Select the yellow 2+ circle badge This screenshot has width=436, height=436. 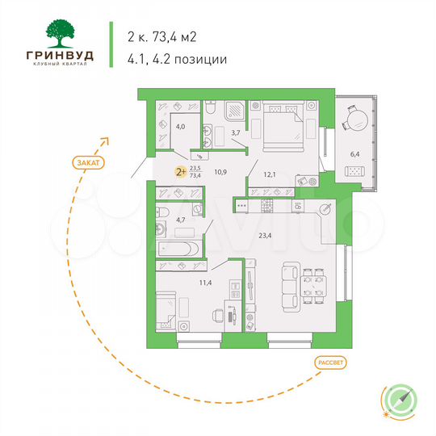[x=182, y=170]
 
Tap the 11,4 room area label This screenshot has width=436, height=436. [x=184, y=283]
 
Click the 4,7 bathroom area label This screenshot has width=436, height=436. [x=182, y=219]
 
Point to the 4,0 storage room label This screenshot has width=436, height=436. [x=182, y=127]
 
